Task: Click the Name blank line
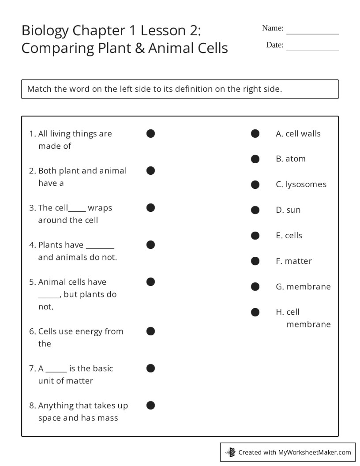(312, 33)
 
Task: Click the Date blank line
(312, 50)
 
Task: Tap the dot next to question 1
(150, 133)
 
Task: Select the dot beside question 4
(150, 244)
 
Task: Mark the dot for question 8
(150, 405)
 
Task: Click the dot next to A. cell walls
(255, 133)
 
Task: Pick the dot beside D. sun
(255, 210)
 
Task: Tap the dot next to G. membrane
(255, 287)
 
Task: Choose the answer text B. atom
(291, 159)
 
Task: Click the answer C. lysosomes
(301, 184)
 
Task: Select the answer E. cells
(289, 236)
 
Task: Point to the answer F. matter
(294, 261)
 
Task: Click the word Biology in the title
(45, 31)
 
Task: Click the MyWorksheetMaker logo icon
(230, 452)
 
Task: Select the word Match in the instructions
(39, 89)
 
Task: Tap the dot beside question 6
(150, 331)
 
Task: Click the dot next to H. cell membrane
(255, 312)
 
